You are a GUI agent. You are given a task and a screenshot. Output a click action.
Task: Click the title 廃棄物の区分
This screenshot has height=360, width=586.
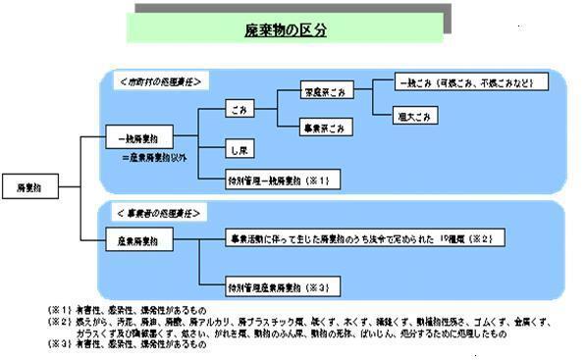click(286, 30)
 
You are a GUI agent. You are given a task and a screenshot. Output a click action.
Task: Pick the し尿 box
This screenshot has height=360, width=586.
click(239, 150)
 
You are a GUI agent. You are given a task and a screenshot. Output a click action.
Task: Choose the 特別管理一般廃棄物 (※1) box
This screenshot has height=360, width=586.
click(269, 180)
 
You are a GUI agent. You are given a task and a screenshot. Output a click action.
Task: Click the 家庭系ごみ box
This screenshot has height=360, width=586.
click(326, 93)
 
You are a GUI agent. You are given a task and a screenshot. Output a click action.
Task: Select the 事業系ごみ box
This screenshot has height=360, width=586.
click(326, 128)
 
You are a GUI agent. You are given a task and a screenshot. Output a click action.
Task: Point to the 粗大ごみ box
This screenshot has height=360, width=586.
click(413, 116)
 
